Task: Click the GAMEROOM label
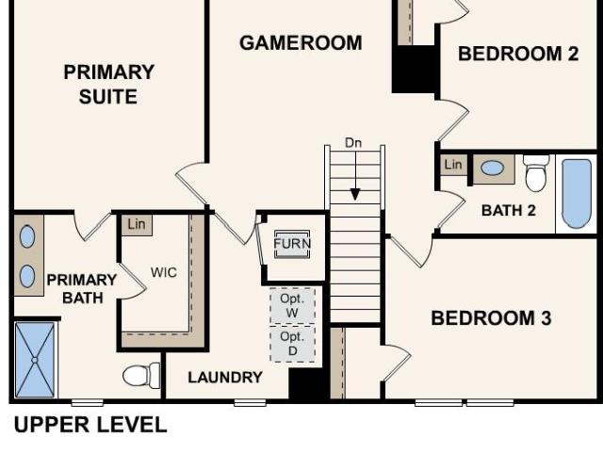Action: click(x=301, y=42)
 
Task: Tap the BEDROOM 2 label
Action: click(x=518, y=54)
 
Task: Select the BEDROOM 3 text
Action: click(x=491, y=318)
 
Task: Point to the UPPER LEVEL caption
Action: click(x=90, y=425)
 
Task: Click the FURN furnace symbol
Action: click(x=292, y=244)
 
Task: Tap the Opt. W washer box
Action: click(x=292, y=306)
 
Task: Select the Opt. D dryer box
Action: click(x=292, y=344)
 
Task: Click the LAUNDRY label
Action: click(x=225, y=378)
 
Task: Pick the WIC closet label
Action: click(x=164, y=272)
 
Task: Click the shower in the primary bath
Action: click(x=35, y=360)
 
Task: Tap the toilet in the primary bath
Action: click(x=141, y=376)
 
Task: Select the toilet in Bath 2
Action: click(x=536, y=173)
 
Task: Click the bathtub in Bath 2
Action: click(x=577, y=194)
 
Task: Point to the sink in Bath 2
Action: click(x=493, y=169)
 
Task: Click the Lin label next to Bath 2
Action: click(x=453, y=165)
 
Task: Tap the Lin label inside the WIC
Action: click(x=137, y=224)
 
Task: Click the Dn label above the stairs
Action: click(x=353, y=143)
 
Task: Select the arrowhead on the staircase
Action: click(x=355, y=195)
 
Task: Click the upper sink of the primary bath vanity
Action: click(x=27, y=236)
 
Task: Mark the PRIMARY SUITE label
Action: click(x=109, y=84)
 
